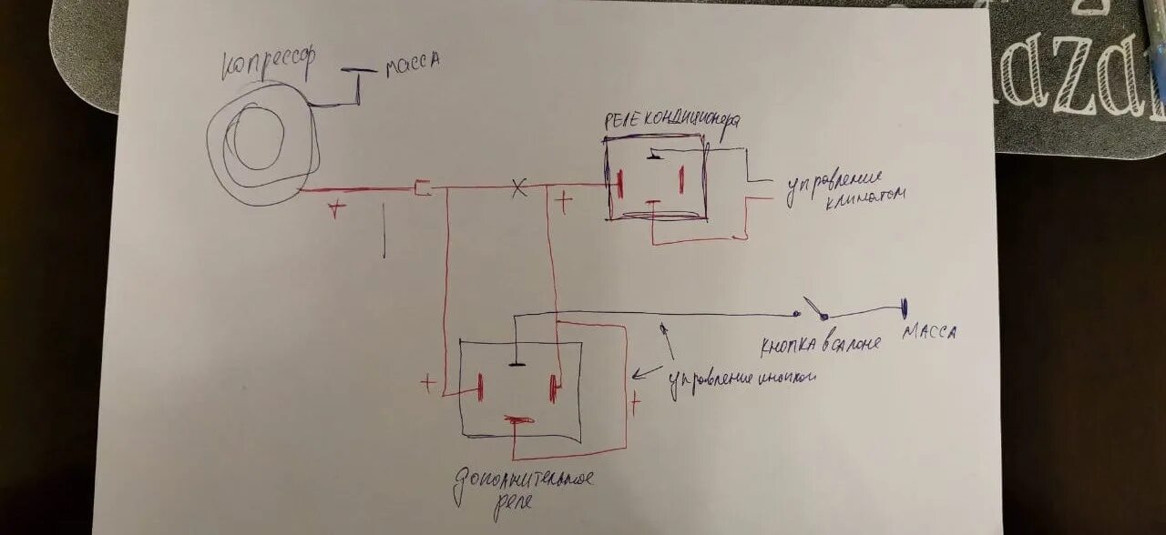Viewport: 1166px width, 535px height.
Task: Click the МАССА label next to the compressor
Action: tap(413, 63)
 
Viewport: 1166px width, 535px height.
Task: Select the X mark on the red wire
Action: tap(517, 187)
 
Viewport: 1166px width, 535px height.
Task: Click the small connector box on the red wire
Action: tap(422, 188)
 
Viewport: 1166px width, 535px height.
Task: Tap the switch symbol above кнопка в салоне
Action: tap(815, 311)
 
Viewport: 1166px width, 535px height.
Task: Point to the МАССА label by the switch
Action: tap(928, 333)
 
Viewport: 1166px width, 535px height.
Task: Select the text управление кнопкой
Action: tap(740, 379)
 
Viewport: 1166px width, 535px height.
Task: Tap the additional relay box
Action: tap(519, 389)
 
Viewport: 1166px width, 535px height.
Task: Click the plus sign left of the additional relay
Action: tap(427, 383)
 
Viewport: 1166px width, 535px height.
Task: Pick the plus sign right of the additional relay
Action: tap(635, 400)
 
